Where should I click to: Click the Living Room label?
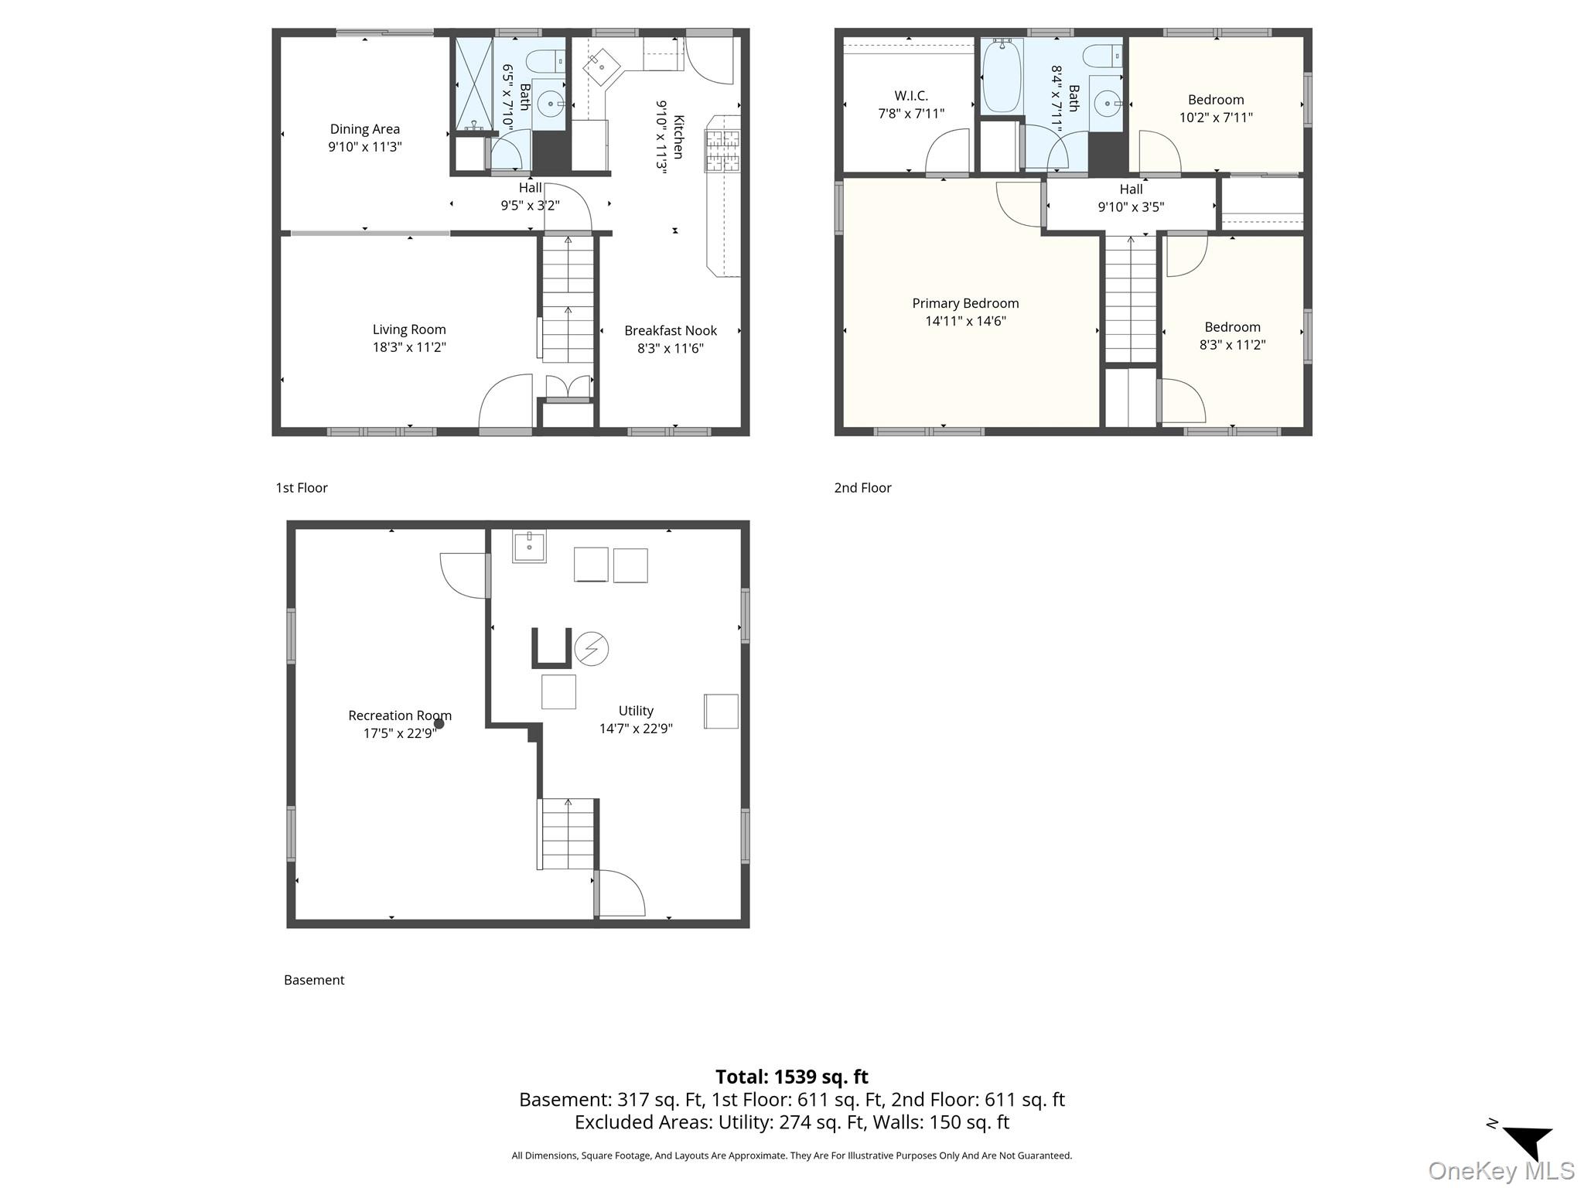pos(409,329)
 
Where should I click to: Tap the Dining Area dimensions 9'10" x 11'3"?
pos(365,147)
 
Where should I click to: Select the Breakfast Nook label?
pos(671,330)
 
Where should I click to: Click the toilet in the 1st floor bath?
pos(545,60)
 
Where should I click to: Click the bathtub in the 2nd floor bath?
pos(1002,77)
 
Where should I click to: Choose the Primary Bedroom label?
pos(965,303)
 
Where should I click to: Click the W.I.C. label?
pos(911,96)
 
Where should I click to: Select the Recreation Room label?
pos(400,715)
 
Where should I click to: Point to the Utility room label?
pos(636,711)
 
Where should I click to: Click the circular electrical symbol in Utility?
pos(592,648)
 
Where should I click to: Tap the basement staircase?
pos(568,834)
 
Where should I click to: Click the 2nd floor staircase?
pos(1130,299)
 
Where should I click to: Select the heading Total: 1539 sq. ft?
pos(791,1077)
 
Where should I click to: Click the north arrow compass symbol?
pos(1528,1142)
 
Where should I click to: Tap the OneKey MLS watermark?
pos(1501,1171)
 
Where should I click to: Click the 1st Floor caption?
pos(302,487)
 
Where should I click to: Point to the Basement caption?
pos(314,980)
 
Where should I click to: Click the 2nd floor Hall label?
pos(1131,189)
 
